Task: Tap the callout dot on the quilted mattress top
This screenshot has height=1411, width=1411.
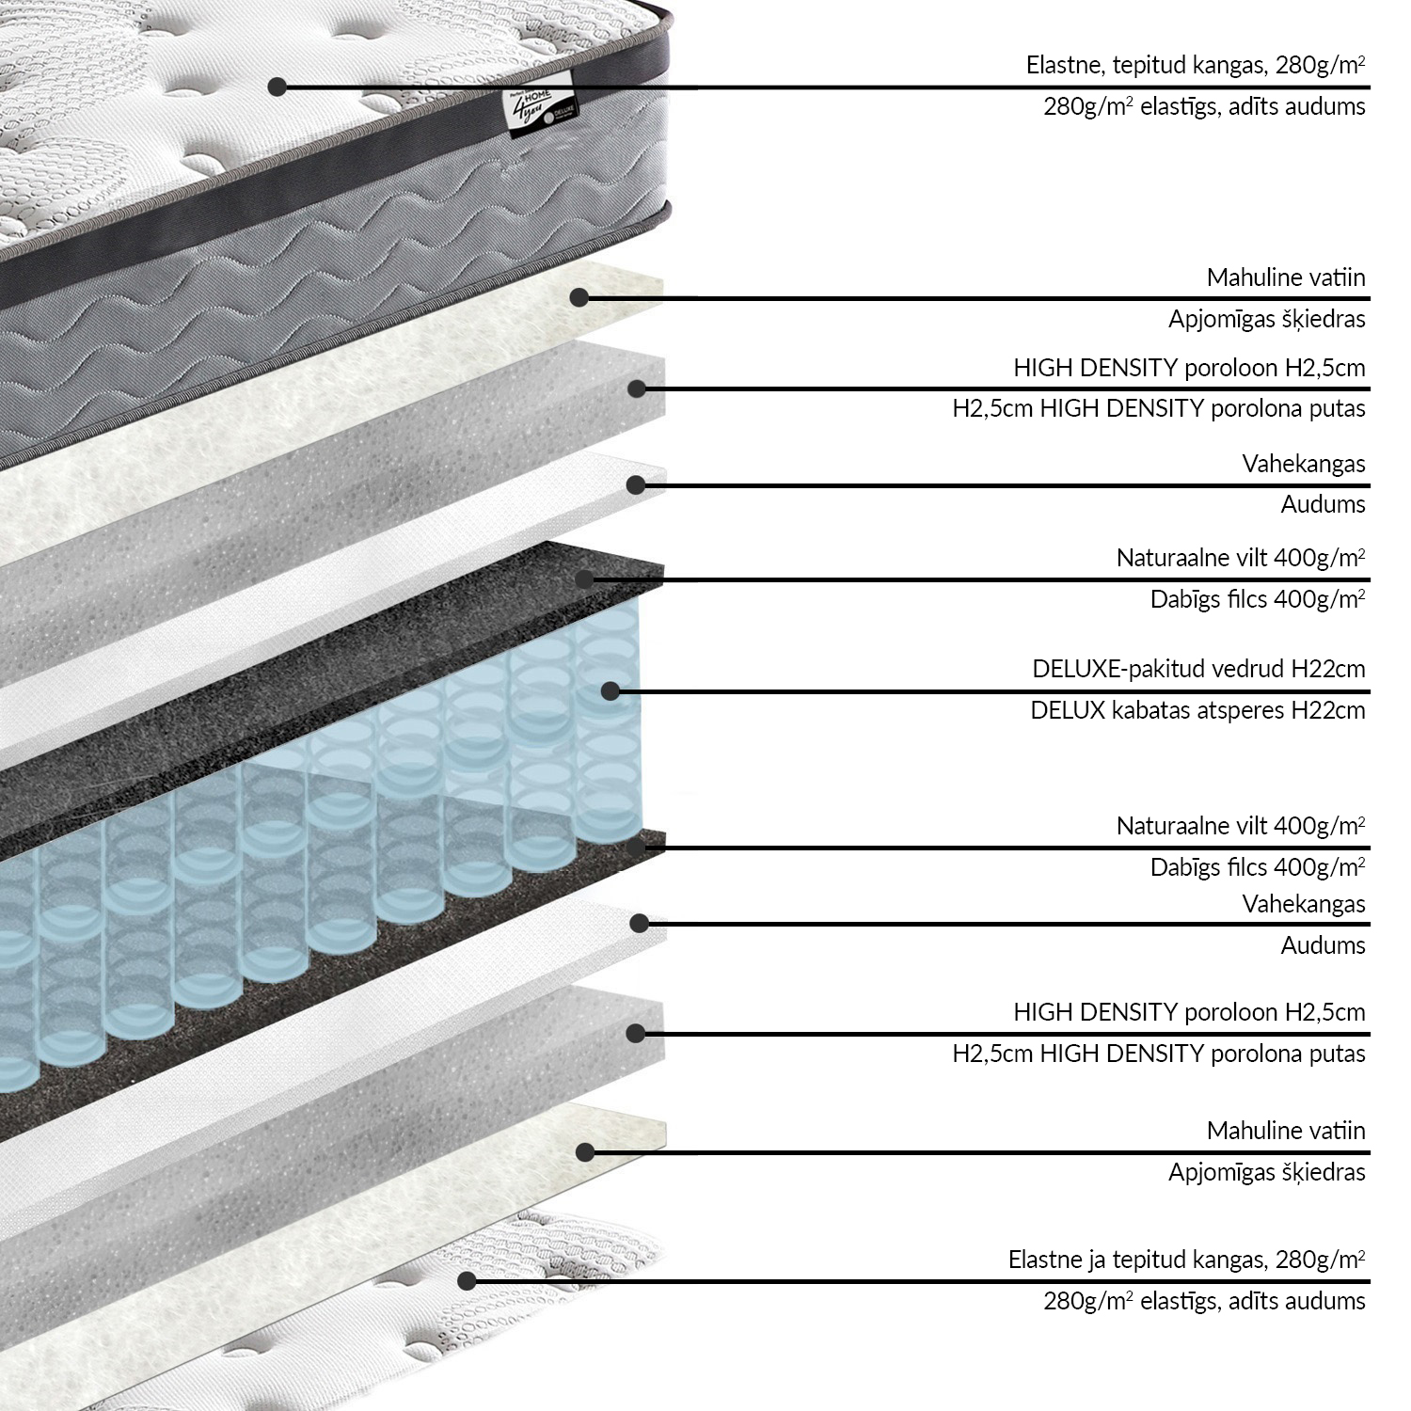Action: pyautogui.click(x=277, y=87)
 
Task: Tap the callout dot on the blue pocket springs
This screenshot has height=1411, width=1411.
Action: pyautogui.click(x=610, y=691)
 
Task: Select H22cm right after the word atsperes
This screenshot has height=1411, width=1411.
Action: pyautogui.click(x=1327, y=710)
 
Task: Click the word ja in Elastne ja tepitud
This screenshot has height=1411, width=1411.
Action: pyautogui.click(x=1095, y=1260)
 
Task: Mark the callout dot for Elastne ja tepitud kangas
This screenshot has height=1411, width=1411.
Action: pyautogui.click(x=465, y=1280)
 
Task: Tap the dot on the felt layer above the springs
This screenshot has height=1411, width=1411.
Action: pyautogui.click(x=585, y=579)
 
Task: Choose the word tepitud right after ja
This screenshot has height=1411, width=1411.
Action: pyautogui.click(x=1150, y=1260)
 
